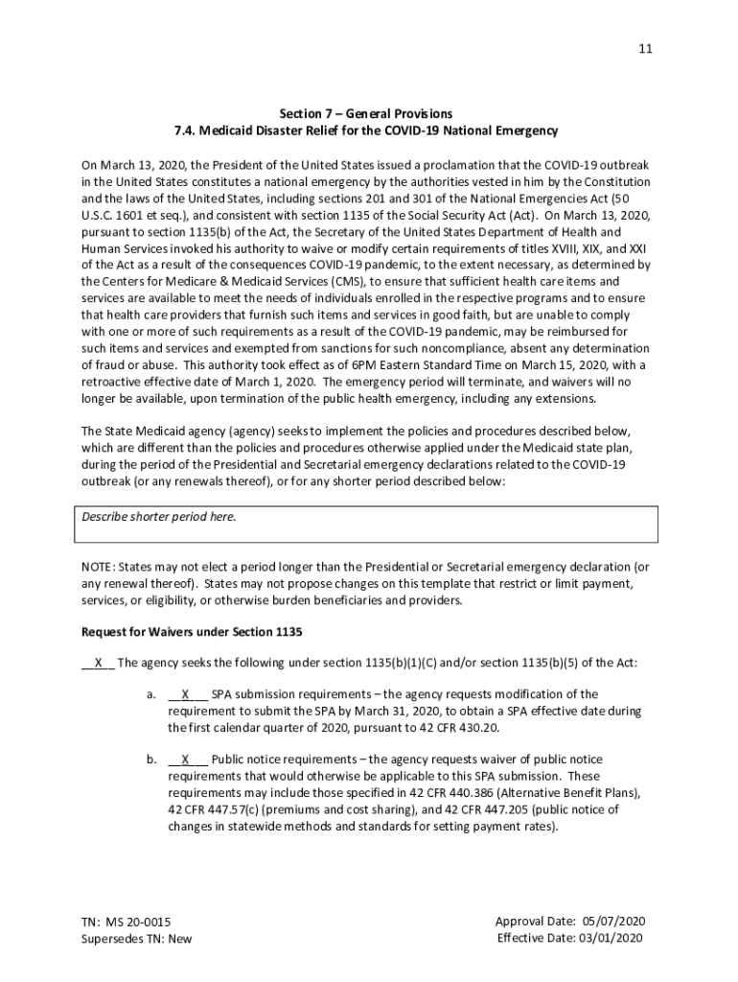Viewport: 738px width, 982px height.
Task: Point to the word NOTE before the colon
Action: click(98, 568)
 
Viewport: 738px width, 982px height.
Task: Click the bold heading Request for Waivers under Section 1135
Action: click(193, 632)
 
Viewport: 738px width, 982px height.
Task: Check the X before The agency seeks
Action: click(98, 663)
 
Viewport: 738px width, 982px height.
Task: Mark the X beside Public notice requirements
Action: click(186, 760)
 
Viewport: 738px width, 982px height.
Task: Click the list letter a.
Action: click(151, 694)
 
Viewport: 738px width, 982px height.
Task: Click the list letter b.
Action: click(151, 760)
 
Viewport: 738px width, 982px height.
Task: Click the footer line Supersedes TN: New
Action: click(136, 939)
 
